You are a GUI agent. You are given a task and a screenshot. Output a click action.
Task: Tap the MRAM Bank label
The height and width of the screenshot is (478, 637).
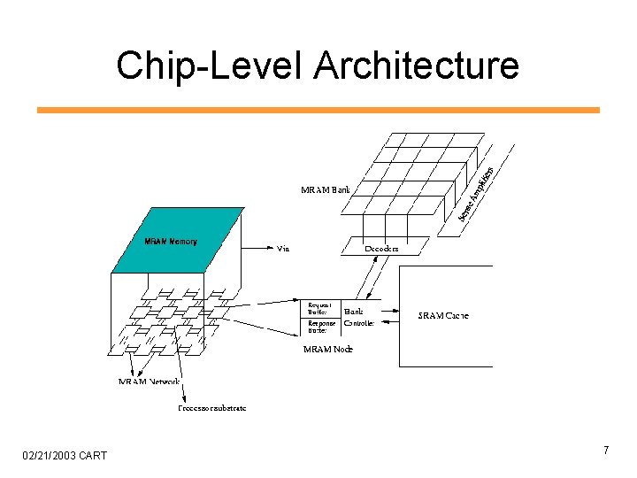point(326,189)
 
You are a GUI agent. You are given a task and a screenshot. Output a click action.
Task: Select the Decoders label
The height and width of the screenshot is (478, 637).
point(381,249)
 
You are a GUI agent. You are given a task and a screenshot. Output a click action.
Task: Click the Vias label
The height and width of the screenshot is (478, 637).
point(284,249)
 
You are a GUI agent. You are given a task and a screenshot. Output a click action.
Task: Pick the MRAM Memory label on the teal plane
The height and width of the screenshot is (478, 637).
point(171,241)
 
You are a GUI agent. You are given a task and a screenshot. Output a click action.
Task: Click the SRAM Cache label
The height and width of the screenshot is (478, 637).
point(442,315)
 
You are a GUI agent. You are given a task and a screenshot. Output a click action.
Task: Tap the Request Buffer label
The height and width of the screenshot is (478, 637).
point(318,308)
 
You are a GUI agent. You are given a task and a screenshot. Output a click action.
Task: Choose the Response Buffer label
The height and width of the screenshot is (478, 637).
point(321,327)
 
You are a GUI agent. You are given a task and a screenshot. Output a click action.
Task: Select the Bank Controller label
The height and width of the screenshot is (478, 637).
point(358,318)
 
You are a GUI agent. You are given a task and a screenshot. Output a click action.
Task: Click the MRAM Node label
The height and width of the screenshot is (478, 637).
point(327,350)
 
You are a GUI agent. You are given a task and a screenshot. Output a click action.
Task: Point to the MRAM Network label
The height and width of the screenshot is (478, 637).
point(150,382)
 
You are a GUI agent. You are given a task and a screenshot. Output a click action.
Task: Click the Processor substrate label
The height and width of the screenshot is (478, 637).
point(211,408)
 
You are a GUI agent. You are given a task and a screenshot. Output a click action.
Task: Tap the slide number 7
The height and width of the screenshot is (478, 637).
point(605,451)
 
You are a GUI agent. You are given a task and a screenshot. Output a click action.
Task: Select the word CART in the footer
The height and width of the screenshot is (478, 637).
point(92,455)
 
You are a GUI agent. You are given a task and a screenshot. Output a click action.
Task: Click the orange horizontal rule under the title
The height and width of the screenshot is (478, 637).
point(318,110)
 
